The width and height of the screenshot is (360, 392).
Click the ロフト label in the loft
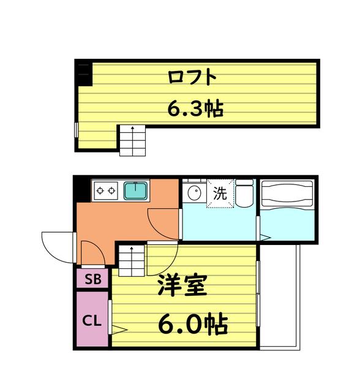pyautogui.click(x=192, y=77)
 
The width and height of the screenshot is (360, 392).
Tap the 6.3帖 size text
pyautogui.click(x=195, y=109)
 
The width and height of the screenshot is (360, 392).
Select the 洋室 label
pyautogui.click(x=182, y=285)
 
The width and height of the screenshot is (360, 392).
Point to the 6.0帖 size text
pyautogui.click(x=193, y=324)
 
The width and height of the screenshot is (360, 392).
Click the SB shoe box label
pyautogui.click(x=93, y=279)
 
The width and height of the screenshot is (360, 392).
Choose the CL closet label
pyautogui.click(x=92, y=320)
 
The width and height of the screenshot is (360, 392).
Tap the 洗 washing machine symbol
pyautogui.click(x=220, y=194)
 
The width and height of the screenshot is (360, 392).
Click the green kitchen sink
pyautogui.click(x=136, y=191)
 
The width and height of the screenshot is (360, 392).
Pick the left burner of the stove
pyautogui.click(x=100, y=190)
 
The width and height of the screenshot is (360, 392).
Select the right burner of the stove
pyautogui.click(x=111, y=190)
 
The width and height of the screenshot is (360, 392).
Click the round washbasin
pyautogui.click(x=195, y=193)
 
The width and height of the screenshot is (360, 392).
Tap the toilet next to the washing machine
pyautogui.click(x=244, y=193)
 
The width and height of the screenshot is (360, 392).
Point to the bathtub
pyautogui.click(x=287, y=194)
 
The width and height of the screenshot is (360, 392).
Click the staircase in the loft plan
pyautogui.click(x=132, y=140)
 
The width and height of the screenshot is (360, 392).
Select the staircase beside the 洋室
pyautogui.click(x=132, y=260)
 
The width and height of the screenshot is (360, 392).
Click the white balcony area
pyautogui.click(x=279, y=297)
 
